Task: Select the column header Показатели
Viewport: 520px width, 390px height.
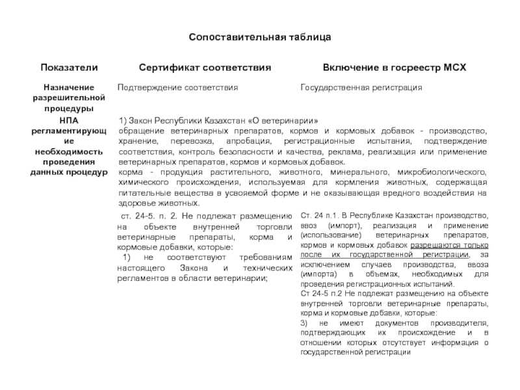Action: point(70,68)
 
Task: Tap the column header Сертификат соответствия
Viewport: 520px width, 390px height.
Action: point(205,68)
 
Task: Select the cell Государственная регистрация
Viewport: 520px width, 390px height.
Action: point(361,87)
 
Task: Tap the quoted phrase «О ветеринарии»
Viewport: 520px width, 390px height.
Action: point(287,121)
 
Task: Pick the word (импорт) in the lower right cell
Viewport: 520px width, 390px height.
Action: point(338,226)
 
